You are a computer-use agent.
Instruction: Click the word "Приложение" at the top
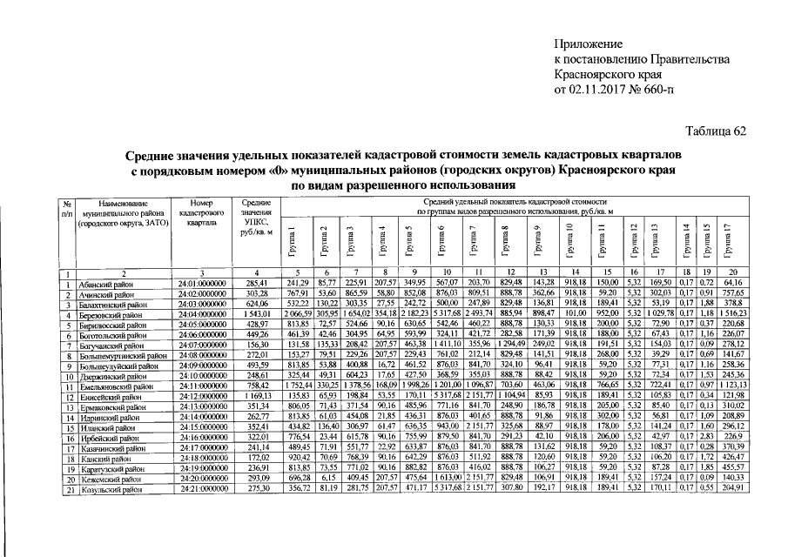tap(589, 43)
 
